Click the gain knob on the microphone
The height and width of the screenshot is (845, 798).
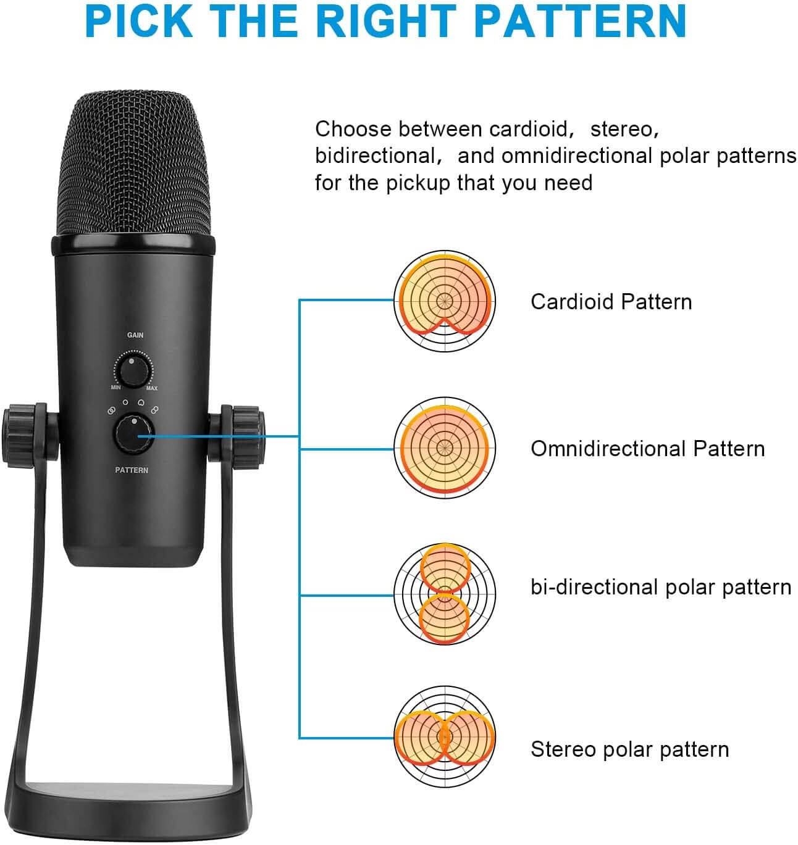pyautogui.click(x=133, y=370)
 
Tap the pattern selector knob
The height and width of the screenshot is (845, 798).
pyautogui.click(x=133, y=435)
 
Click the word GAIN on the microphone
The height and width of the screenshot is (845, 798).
pyautogui.click(x=135, y=335)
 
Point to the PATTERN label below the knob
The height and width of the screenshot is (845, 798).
pyautogui.click(x=132, y=470)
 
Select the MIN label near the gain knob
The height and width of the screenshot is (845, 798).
pyautogui.click(x=116, y=387)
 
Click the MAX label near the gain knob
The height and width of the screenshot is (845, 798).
pyautogui.click(x=151, y=388)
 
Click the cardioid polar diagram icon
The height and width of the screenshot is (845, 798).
pyautogui.click(x=445, y=301)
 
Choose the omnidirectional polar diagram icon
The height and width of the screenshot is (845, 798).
pyautogui.click(x=445, y=447)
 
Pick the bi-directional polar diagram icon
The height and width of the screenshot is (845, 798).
pyautogui.click(x=445, y=594)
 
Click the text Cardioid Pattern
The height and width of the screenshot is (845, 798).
pyautogui.click(x=611, y=302)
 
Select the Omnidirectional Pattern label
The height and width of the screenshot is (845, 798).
pyautogui.click(x=648, y=449)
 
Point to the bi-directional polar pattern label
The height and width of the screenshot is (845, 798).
pyautogui.click(x=661, y=587)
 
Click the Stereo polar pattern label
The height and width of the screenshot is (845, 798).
pyautogui.click(x=630, y=749)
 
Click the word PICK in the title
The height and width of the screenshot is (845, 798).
pyautogui.click(x=139, y=21)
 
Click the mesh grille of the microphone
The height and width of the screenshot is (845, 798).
pyautogui.click(x=133, y=164)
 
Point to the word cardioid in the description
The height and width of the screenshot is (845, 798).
pyautogui.click(x=528, y=129)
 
